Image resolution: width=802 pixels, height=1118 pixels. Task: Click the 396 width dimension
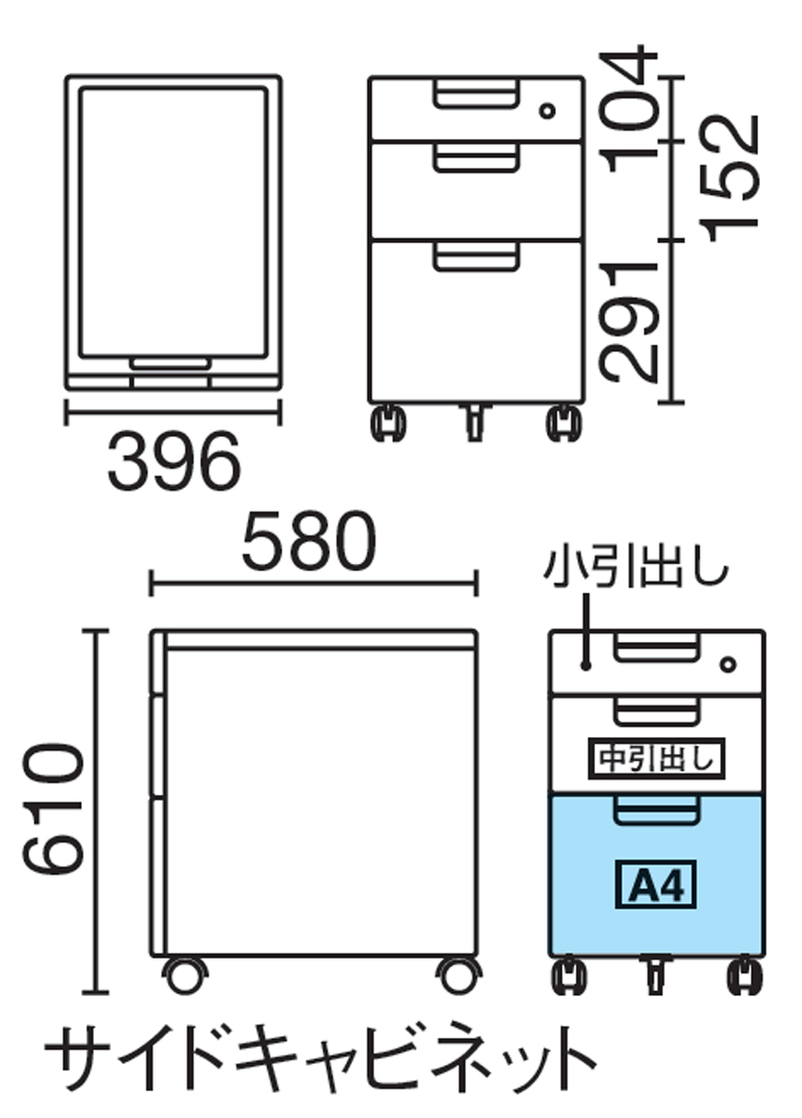pos(173,462)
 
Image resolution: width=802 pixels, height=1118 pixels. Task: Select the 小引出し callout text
pos(638,567)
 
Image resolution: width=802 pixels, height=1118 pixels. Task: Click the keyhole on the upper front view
pos(549,111)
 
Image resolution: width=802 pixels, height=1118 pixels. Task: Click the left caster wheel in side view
pos(184,975)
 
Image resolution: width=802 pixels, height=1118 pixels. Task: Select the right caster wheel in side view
pos(457,975)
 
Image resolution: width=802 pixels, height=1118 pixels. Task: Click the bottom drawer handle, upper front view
pos(475,256)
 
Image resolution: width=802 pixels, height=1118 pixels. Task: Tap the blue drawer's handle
pos(658,811)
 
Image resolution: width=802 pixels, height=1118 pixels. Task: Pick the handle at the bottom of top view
pos(170,363)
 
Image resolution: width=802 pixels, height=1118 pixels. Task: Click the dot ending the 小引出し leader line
pos(585,665)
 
